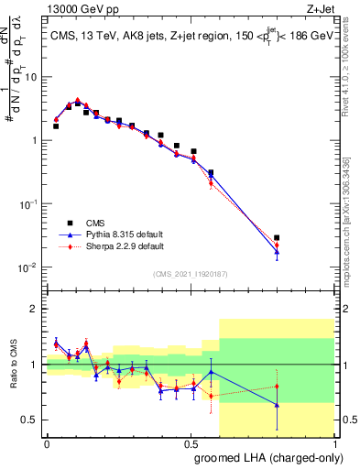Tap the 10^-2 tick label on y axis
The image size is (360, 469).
pyautogui.click(x=27, y=267)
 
